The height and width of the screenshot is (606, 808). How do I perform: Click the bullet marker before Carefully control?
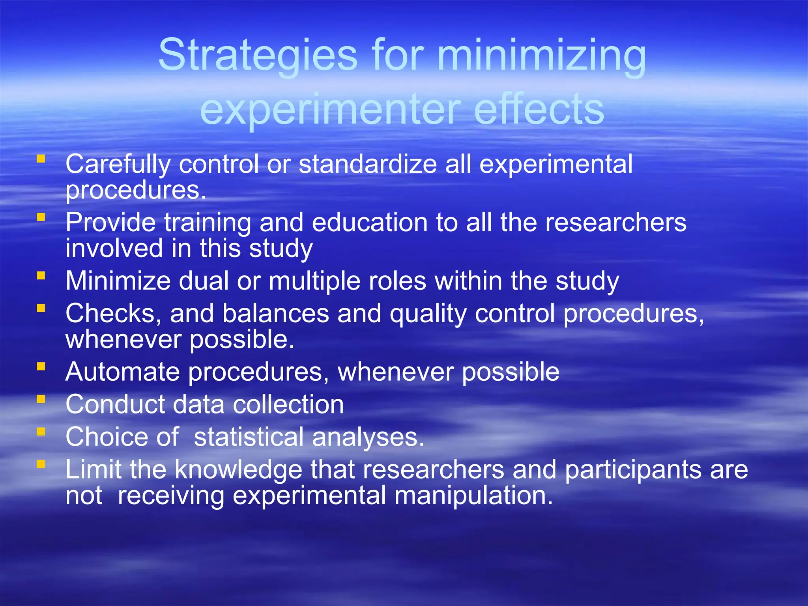coord(41,159)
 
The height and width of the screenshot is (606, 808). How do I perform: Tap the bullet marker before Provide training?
coord(41,217)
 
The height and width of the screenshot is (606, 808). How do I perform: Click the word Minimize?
coord(118,281)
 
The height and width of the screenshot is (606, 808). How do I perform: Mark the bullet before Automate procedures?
coord(41,367)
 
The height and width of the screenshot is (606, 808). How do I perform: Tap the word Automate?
coord(122,372)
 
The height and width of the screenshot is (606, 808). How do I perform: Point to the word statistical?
coord(249,437)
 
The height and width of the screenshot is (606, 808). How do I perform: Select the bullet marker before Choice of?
coord(41,432)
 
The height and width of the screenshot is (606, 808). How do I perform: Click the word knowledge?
coord(238,470)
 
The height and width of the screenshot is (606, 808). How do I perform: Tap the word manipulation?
coord(473,496)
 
